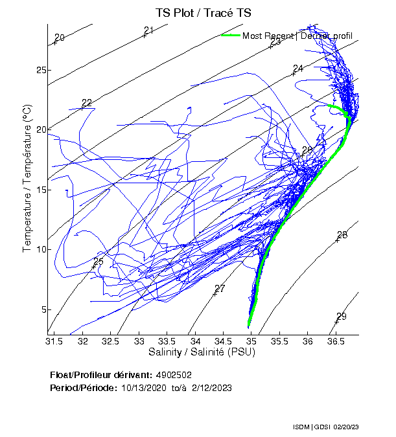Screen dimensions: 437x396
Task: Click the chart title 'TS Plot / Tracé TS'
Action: coord(203,12)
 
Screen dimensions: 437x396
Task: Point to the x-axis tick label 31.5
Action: coord(54,341)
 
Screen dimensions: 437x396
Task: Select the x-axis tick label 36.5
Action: coord(335,341)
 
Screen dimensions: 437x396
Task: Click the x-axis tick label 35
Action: coord(251,341)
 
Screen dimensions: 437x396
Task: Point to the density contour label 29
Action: coord(341,317)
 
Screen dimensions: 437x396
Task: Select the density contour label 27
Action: coord(220,289)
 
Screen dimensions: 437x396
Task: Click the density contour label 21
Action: coord(148,30)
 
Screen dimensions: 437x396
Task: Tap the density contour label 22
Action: coord(87,103)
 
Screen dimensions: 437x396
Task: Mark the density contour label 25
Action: coord(99,262)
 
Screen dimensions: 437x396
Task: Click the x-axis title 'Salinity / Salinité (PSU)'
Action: coord(203,352)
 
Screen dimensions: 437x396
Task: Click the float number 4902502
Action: coord(174,375)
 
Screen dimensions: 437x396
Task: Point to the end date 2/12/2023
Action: coord(211,388)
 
